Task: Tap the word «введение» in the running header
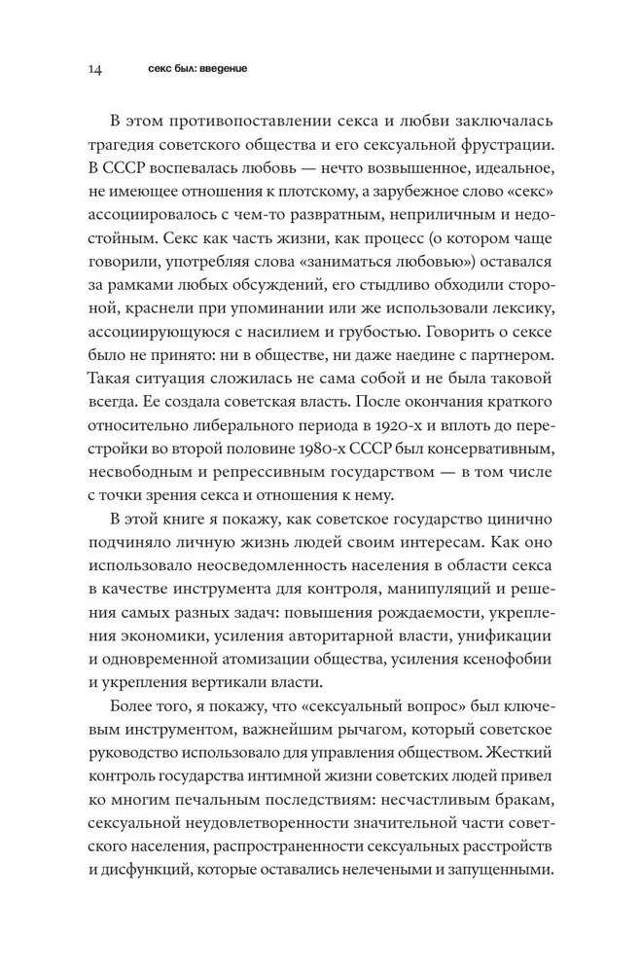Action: pos(221,70)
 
